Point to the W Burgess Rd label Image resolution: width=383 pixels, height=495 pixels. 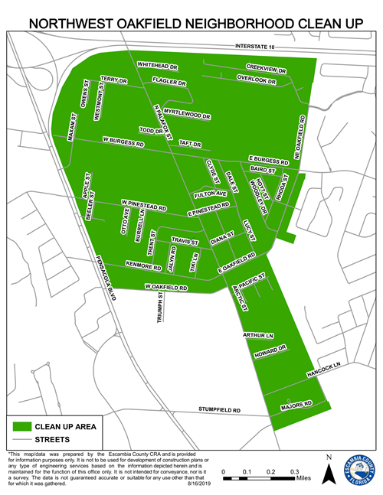[123, 142]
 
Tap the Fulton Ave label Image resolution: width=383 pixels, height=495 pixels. [211, 194]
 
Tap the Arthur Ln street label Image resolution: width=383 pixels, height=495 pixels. [258, 335]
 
